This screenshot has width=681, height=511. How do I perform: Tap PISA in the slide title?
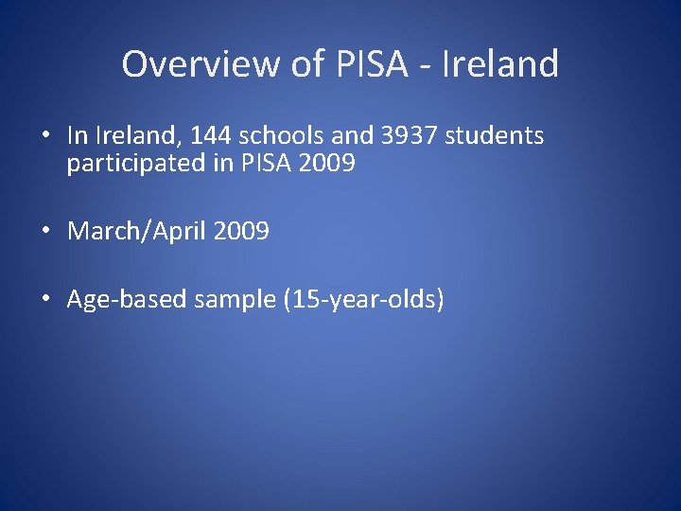click(x=362, y=64)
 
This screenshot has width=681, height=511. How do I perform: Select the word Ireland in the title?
click(x=500, y=64)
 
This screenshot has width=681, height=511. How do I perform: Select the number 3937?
click(x=410, y=136)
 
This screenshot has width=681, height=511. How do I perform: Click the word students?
click(x=495, y=136)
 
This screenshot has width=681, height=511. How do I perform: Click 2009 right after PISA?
click(x=326, y=164)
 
